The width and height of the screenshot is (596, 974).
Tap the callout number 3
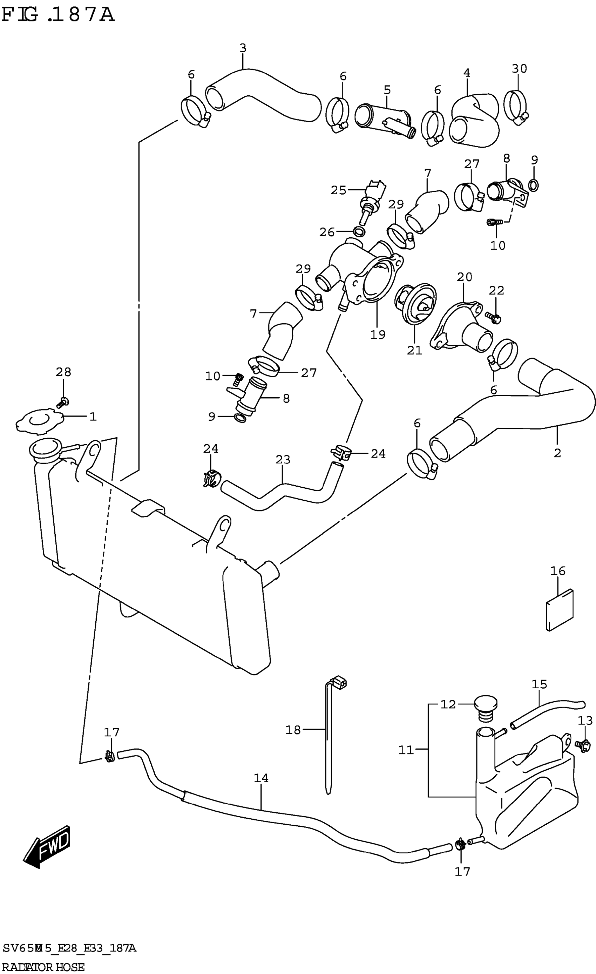pos(243,48)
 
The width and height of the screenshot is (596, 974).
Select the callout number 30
pos(519,69)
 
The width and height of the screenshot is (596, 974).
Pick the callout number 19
pos(378,334)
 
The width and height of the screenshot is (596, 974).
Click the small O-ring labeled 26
pos(359,232)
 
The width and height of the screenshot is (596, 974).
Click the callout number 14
pos(261,778)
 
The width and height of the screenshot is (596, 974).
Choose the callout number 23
pos(283,459)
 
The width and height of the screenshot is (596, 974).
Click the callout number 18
pos(293,730)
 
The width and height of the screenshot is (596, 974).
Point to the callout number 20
pos(465,277)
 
